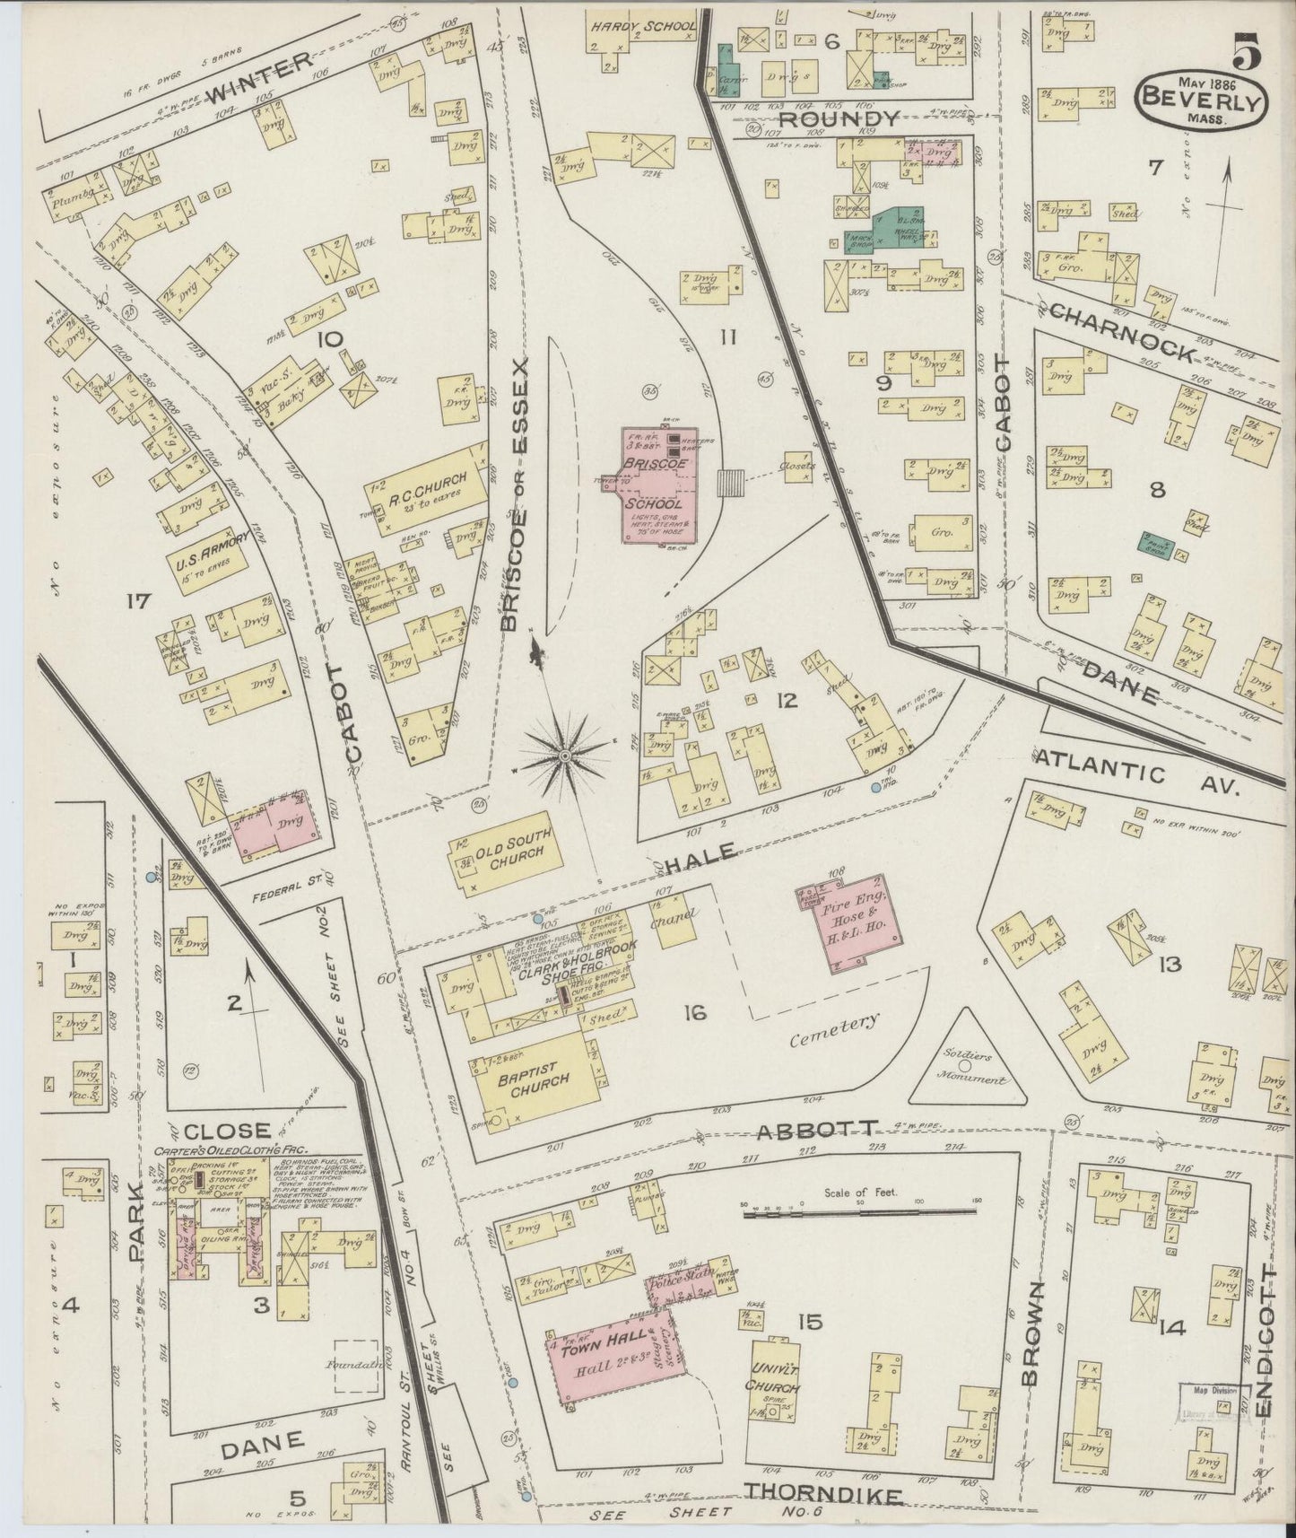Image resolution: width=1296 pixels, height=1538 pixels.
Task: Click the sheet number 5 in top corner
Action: [x=1247, y=51]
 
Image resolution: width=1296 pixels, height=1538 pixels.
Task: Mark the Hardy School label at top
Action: [x=642, y=27]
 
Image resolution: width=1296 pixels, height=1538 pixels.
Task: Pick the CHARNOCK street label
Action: [x=1120, y=334]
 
